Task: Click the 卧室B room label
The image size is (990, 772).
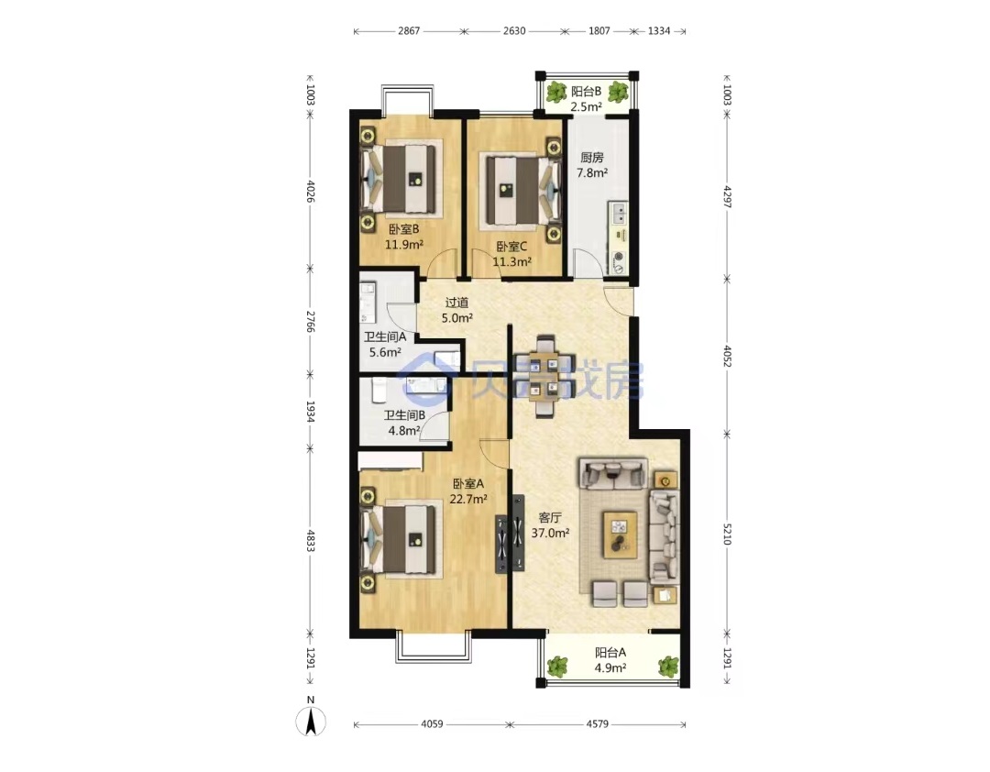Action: click(403, 228)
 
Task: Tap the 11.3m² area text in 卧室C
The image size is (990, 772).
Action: click(511, 261)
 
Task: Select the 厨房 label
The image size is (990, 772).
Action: click(592, 158)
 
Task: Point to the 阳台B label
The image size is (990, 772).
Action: click(586, 92)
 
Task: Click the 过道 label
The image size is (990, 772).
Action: click(456, 303)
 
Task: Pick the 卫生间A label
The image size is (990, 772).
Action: click(384, 336)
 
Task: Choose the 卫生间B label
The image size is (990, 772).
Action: click(404, 415)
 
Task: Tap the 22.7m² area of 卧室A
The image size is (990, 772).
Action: click(467, 499)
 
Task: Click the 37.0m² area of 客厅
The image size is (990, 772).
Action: click(550, 533)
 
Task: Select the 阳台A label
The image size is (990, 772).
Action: click(610, 653)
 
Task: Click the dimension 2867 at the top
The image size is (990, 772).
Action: click(409, 30)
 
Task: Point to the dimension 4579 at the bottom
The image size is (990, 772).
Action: click(597, 724)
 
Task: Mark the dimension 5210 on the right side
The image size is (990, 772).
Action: click(727, 534)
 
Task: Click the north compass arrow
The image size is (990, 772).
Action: click(311, 722)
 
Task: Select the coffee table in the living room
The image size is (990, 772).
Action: click(620, 535)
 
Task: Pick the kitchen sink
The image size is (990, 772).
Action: click(617, 213)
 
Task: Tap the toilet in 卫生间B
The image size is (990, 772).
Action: click(379, 390)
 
